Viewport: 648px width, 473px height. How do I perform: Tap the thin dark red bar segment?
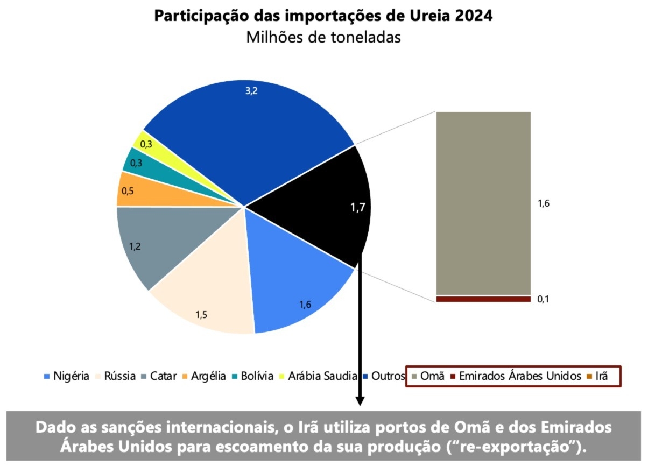[483, 299]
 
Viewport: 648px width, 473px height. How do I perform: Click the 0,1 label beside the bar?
[544, 299]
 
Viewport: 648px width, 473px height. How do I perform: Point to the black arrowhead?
[360, 401]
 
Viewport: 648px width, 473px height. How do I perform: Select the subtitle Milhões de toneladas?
[323, 38]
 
